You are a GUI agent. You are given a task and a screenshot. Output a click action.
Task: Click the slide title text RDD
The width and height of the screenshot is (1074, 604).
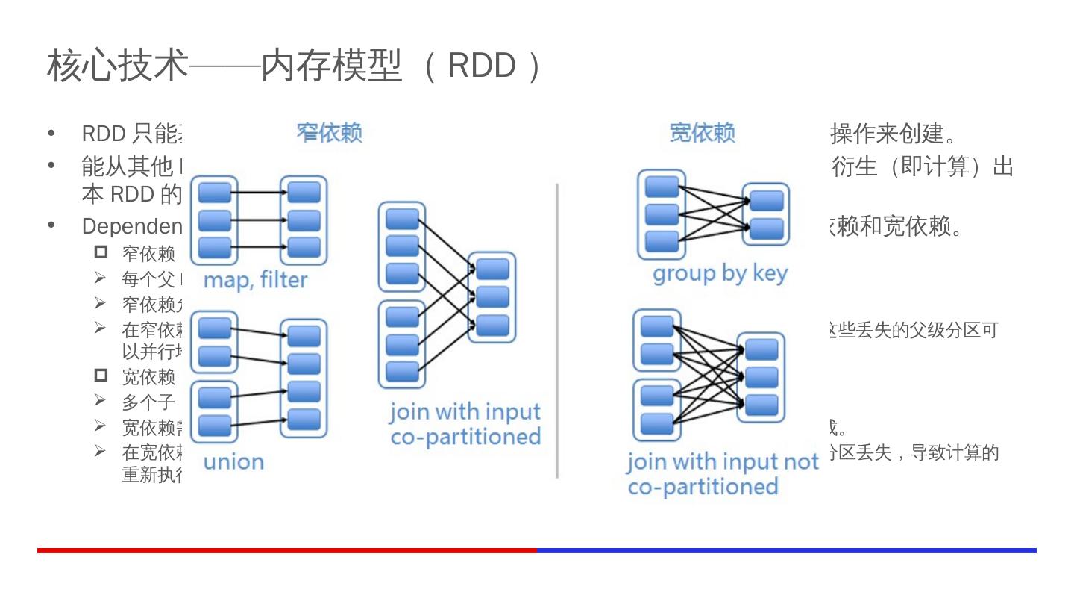482,66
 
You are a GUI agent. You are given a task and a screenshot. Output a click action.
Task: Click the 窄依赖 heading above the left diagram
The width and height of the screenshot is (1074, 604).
329,134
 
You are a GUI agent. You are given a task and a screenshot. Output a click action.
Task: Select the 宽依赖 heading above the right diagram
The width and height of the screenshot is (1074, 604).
702,134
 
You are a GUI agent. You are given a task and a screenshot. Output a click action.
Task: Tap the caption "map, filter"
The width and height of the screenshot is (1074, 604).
255,281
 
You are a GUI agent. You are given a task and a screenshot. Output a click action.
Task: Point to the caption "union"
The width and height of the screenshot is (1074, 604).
233,462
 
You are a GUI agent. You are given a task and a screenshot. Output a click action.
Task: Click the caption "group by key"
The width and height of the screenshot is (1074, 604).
720,274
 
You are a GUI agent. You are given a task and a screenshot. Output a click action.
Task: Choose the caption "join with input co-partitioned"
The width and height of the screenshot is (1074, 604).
465,424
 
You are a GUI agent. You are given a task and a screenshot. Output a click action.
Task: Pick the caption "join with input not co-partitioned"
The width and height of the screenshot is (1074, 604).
722,475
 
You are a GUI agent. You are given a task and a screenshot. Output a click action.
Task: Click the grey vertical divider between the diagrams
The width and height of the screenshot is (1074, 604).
557,329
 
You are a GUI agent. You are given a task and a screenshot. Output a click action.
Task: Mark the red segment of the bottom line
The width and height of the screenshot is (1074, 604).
287,550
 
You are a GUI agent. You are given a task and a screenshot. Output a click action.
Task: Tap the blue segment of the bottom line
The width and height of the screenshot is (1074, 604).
787,550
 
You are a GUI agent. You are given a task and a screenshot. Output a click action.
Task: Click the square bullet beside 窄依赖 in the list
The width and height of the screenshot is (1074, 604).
101,252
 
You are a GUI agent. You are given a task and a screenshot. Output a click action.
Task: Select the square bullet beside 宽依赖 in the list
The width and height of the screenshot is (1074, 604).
101,376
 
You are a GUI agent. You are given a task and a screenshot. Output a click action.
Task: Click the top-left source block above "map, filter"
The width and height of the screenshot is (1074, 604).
215,193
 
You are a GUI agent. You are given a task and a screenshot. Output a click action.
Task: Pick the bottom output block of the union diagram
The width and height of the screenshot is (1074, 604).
304,420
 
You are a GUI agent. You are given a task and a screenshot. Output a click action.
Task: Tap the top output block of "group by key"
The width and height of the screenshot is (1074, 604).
767,201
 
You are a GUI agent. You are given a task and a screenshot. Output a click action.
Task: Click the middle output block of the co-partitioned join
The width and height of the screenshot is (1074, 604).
492,297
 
